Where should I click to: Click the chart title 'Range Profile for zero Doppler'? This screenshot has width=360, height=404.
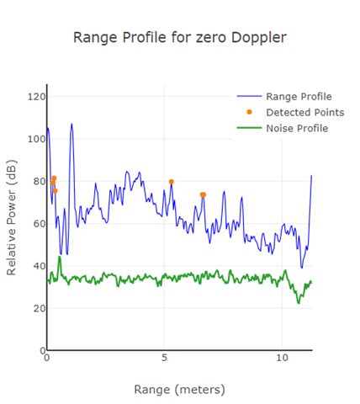coord(180,37)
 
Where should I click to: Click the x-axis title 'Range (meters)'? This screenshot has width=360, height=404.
coord(179,390)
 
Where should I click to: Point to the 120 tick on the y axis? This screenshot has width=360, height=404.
coord(34,97)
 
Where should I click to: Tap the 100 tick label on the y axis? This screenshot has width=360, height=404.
coord(34,139)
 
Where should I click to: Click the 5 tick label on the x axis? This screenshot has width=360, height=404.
coord(165,357)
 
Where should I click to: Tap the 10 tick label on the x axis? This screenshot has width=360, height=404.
coord(282,357)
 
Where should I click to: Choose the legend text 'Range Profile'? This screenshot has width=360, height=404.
coord(298,96)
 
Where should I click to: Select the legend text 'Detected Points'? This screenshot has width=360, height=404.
coord(304,112)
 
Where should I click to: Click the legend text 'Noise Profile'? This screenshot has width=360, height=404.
coord(296,128)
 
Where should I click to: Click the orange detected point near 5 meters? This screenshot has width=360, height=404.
coord(171,182)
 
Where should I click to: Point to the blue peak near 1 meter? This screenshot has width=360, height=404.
coord(71,125)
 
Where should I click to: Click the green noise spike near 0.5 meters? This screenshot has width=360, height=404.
coord(59,257)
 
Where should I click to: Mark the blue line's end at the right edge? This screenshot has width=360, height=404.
coord(311,176)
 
